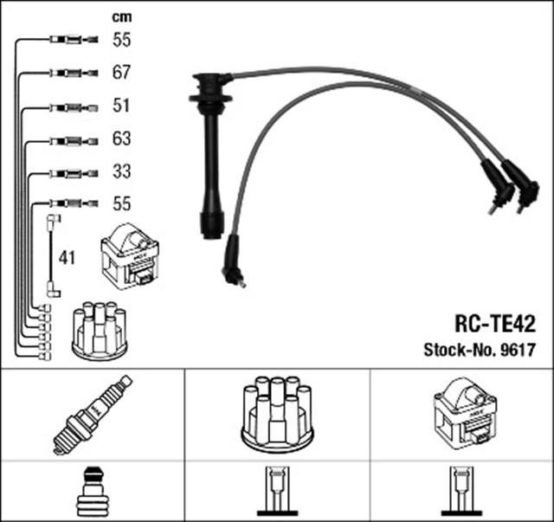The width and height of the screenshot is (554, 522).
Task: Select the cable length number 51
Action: coord(122,106)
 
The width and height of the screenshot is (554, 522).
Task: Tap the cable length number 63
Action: coord(122,139)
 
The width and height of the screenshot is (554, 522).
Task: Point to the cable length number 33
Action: coord(122,171)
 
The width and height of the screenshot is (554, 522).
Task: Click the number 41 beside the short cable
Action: coord(68,257)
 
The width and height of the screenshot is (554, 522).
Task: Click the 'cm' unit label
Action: coord(121,16)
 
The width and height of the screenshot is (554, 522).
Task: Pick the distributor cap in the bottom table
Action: coord(276,413)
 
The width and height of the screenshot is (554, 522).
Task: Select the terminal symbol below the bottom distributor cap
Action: coord(276,491)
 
